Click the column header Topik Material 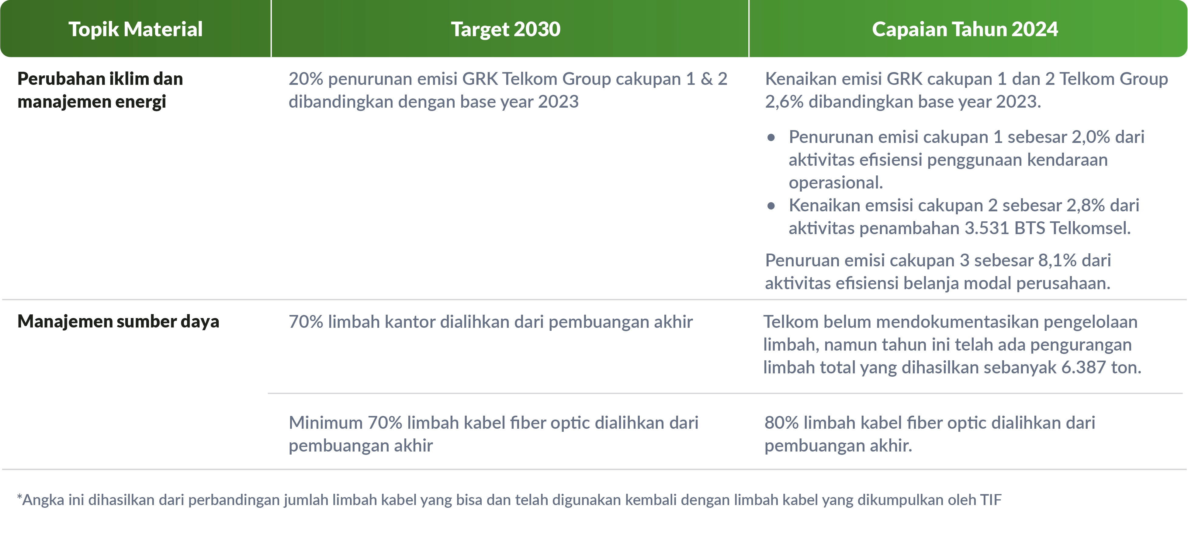click(x=136, y=29)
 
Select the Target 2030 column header click(x=505, y=29)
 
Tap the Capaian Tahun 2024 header click(x=965, y=29)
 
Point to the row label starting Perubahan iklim click(x=100, y=90)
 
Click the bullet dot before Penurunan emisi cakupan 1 click(x=771, y=137)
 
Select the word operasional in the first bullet click(x=836, y=183)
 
